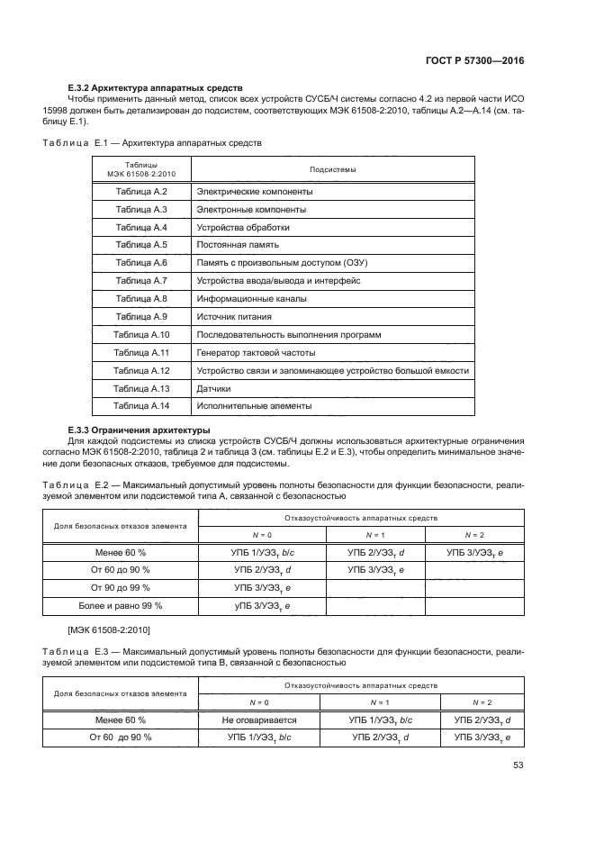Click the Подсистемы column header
[332, 169]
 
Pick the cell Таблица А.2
[142, 193]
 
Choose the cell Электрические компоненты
[255, 193]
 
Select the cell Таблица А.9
[142, 317]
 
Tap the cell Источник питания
[234, 317]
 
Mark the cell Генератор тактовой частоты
[257, 352]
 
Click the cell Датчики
[214, 388]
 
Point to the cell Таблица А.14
[142, 406]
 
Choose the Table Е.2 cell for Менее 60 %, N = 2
[473, 551]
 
